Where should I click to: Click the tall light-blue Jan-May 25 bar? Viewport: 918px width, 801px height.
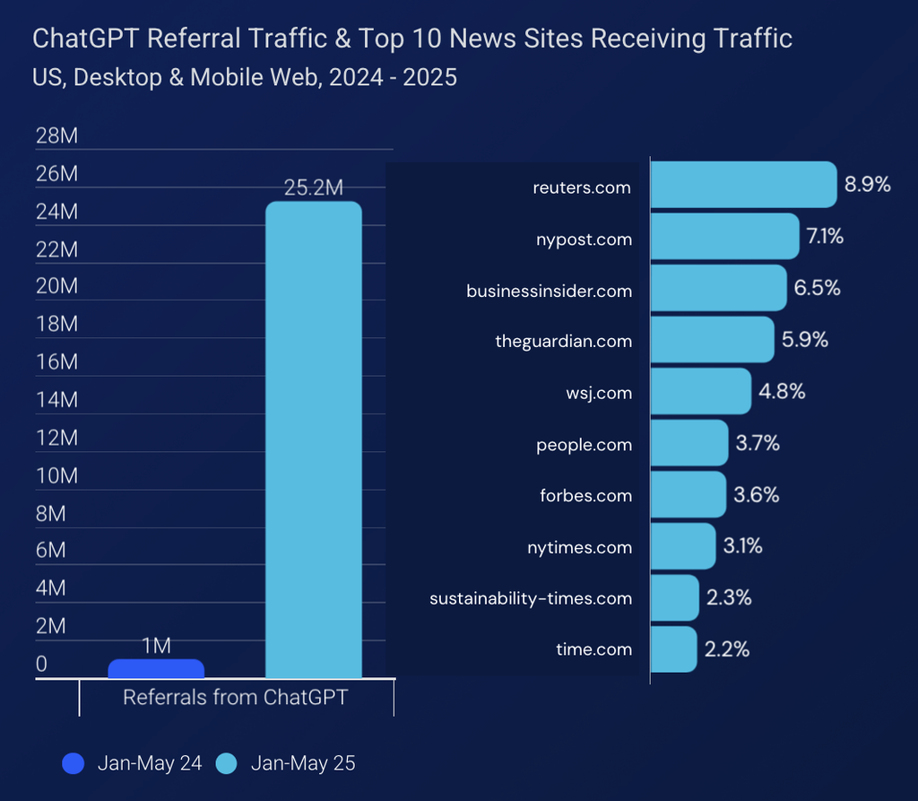[x=314, y=440]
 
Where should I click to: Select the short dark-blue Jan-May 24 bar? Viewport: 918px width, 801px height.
[x=156, y=668]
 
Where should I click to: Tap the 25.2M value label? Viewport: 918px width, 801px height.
[x=314, y=188]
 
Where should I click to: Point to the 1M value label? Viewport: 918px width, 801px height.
[x=156, y=646]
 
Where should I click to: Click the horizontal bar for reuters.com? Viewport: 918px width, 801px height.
[x=742, y=186]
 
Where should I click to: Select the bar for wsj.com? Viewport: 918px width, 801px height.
[x=700, y=392]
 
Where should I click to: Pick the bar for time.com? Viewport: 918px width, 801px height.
[x=672, y=649]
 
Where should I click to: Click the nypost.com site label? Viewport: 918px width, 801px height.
[x=584, y=239]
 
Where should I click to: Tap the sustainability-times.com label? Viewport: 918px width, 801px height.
[x=531, y=598]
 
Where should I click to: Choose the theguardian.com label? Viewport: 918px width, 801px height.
[x=563, y=342]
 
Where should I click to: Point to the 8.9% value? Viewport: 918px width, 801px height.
[x=867, y=186]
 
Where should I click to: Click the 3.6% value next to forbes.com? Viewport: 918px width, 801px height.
[x=756, y=495]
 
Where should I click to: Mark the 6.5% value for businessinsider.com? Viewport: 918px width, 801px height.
[x=817, y=289]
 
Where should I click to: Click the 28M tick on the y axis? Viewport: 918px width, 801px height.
[x=56, y=136]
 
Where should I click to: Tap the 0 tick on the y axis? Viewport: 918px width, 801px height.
[x=41, y=664]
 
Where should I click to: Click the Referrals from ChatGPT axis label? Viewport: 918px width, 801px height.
[x=235, y=698]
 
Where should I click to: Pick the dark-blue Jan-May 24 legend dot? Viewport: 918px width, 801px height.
[x=74, y=763]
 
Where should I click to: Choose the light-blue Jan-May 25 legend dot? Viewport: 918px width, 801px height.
[x=227, y=763]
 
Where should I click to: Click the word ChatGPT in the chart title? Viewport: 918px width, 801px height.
[x=87, y=39]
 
